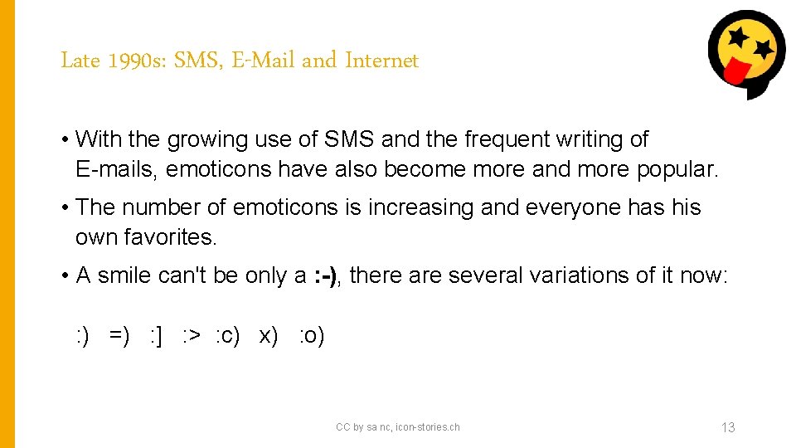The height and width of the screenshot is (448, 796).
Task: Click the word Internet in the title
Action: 381,61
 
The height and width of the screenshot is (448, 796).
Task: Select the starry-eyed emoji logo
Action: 745,53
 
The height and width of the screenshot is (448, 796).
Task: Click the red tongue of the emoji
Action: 735,73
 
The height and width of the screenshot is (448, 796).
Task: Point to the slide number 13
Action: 728,427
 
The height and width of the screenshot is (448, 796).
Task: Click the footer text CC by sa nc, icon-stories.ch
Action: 397,427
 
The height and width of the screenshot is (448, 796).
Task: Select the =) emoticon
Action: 119,336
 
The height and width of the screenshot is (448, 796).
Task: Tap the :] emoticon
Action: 155,336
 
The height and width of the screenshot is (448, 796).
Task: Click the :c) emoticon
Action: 227,336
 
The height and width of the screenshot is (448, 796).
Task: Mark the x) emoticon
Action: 269,336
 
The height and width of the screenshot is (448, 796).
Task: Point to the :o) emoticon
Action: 311,336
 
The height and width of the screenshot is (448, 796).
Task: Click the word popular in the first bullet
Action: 677,169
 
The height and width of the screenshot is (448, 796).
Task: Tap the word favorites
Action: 170,237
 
